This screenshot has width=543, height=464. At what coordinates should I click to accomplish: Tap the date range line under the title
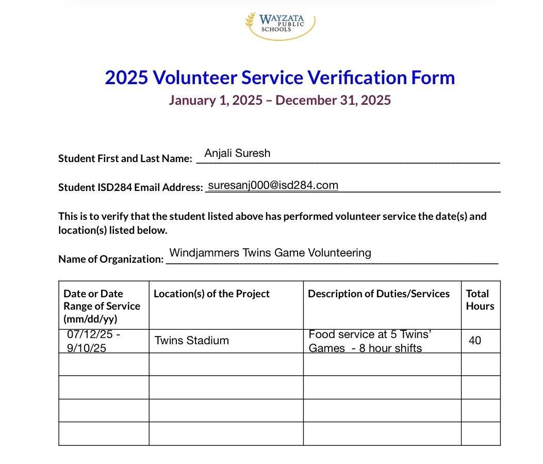(x=279, y=100)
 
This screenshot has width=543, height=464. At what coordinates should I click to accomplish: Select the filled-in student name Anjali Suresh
(x=237, y=153)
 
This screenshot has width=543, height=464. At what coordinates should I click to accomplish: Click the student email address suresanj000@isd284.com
(x=273, y=185)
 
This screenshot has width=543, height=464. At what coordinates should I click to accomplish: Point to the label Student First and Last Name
(x=125, y=158)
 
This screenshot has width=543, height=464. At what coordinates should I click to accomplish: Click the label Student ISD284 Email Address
(x=130, y=187)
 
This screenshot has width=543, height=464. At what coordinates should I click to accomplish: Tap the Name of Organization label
(x=111, y=259)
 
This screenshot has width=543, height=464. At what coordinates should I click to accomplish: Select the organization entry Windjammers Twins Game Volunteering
(x=270, y=253)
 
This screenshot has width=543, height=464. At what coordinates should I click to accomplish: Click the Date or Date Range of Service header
(x=102, y=306)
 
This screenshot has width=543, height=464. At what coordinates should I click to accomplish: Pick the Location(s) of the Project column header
(x=211, y=294)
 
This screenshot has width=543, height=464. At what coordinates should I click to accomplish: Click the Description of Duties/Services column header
(x=379, y=294)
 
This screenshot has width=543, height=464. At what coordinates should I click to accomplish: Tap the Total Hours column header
(x=480, y=300)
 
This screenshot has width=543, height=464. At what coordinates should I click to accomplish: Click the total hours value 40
(x=475, y=341)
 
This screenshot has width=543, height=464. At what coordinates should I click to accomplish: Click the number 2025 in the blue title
(x=126, y=77)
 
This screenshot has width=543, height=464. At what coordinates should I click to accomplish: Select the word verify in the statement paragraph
(x=103, y=216)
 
